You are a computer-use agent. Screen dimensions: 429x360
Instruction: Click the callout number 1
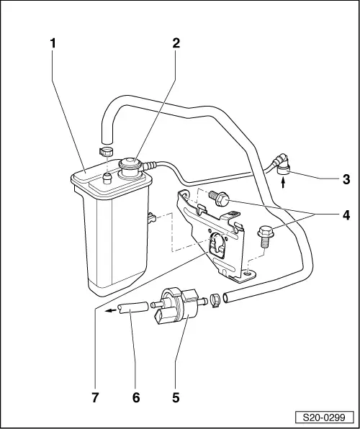[x=53, y=42]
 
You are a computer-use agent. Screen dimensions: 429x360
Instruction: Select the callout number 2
[x=175, y=42]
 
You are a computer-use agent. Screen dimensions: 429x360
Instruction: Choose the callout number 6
[x=134, y=395]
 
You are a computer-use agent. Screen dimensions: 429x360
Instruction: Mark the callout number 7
[x=94, y=395]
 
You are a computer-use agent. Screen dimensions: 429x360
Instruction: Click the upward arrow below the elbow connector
[x=282, y=184]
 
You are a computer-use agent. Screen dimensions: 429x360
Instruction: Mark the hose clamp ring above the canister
[x=105, y=151]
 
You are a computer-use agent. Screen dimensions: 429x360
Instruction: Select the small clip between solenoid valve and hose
[x=214, y=297]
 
